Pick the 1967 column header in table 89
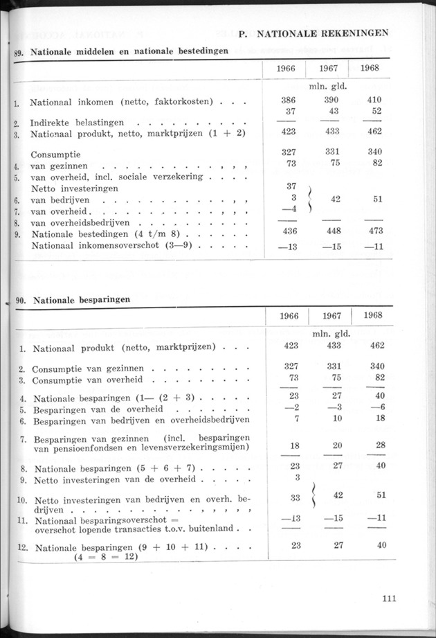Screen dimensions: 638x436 (x=331, y=69)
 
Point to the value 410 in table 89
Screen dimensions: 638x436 (x=374, y=100)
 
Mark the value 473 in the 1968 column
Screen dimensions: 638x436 (x=374, y=231)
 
